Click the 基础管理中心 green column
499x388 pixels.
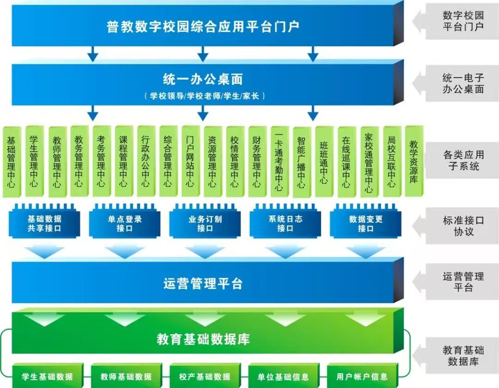coord(12,162)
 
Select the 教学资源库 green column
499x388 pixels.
coord(414,161)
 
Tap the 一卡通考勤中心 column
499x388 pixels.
coord(280,162)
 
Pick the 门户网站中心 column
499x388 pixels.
coord(191,161)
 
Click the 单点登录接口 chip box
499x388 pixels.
coord(124,222)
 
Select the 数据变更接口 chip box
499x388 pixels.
coord(365,222)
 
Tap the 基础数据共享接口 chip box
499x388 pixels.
coord(44,222)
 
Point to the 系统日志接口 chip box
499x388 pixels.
coord(285,222)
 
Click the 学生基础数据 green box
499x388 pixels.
coord(48,376)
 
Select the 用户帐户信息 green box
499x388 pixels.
coord(362,376)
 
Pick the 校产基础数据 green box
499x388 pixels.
coord(205,376)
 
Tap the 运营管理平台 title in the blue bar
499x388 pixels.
coord(203,283)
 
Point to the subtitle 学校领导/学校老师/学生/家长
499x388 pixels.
coord(205,96)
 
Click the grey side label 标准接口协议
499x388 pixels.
coord(463,226)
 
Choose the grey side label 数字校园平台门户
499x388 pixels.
coord(463,21)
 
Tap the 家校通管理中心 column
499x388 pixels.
coord(369,162)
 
